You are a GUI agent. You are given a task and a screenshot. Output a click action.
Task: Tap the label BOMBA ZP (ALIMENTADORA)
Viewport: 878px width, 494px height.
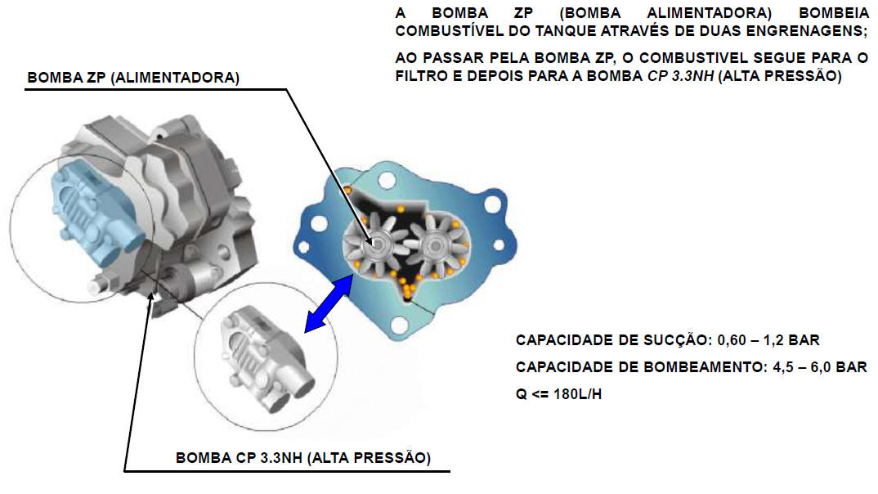(133, 78)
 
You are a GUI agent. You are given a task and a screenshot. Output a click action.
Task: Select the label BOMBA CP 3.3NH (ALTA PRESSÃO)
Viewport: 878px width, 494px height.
(303, 457)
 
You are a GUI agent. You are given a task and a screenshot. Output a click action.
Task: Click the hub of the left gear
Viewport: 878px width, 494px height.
(378, 245)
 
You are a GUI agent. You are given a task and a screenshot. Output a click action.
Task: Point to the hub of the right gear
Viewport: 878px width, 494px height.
(434, 245)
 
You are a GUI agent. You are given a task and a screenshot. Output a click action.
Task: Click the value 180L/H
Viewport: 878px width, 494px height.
(577, 394)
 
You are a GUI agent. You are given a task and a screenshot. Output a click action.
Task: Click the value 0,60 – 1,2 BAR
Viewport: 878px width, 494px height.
(768, 340)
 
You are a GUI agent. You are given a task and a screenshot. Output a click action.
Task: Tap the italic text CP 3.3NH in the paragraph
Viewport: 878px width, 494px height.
(680, 76)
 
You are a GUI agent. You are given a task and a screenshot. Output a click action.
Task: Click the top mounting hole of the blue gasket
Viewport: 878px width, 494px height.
(387, 181)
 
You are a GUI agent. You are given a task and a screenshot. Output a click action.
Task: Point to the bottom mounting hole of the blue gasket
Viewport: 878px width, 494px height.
(399, 324)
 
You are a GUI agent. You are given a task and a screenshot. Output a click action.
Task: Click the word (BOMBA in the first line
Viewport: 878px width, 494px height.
(590, 13)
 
